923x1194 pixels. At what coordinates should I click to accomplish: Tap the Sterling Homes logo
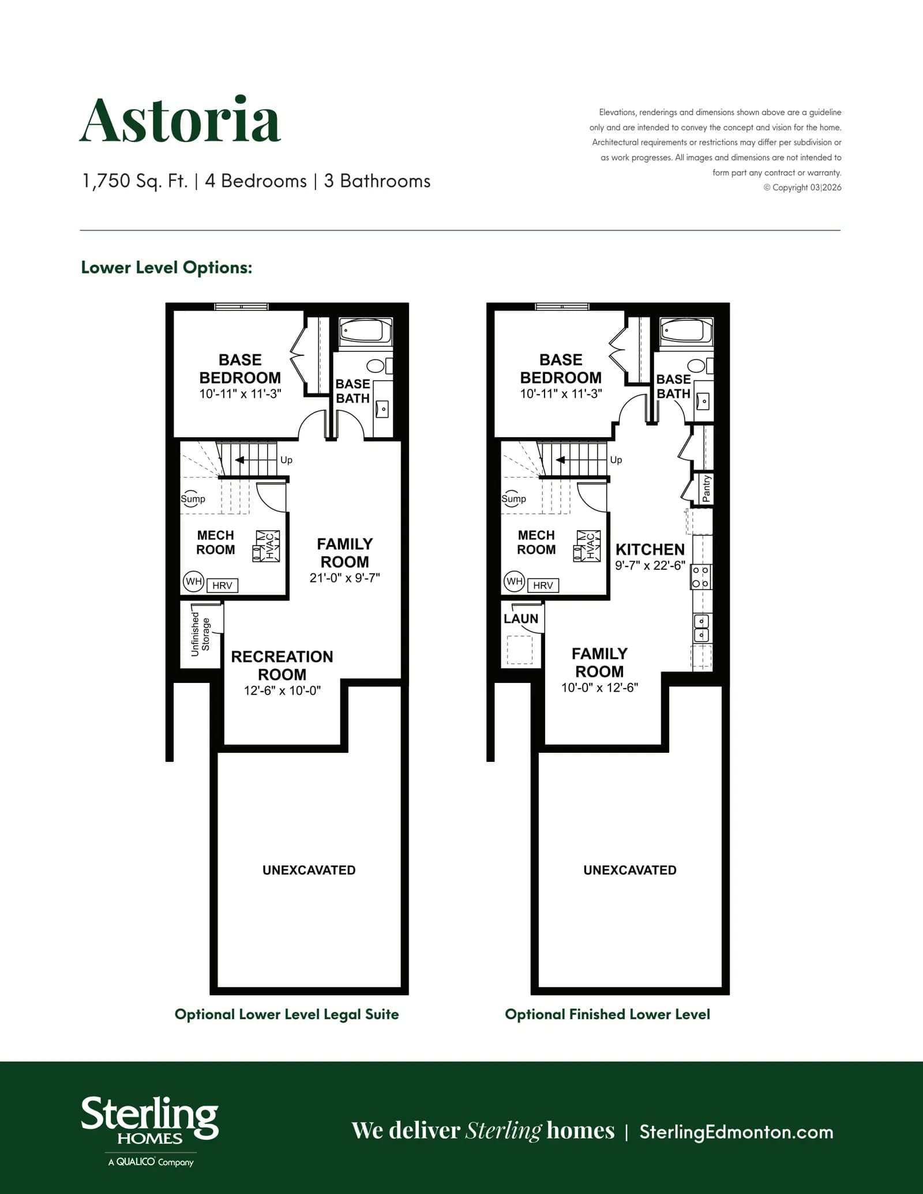coord(150,1131)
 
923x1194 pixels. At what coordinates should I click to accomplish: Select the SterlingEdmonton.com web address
coord(736,1132)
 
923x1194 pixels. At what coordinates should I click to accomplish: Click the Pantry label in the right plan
coord(707,489)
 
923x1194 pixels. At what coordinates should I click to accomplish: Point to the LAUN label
coord(521,618)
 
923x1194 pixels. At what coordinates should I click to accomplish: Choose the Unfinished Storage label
coord(200,634)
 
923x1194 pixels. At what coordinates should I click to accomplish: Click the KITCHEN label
coord(650,549)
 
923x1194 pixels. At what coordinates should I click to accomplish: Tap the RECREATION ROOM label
coord(282,665)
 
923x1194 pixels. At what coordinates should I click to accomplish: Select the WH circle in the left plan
coord(193,581)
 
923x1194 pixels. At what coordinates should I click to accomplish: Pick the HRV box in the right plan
coord(543,585)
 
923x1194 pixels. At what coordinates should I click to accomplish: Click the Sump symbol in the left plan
coord(193,499)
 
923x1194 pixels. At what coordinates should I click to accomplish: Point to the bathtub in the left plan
coord(365,332)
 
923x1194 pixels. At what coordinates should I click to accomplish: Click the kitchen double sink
coord(701,628)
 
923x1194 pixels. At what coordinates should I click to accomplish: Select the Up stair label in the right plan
coord(616,460)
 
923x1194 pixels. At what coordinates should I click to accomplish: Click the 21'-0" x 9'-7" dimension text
coord(345,578)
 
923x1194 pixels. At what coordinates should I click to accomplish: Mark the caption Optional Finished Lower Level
coord(607,1014)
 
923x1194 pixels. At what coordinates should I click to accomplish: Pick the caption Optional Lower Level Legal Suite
coord(287,1015)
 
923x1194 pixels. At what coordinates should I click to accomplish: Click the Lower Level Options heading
coord(167,268)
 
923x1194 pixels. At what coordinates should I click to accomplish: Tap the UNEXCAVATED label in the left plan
coord(309,870)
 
